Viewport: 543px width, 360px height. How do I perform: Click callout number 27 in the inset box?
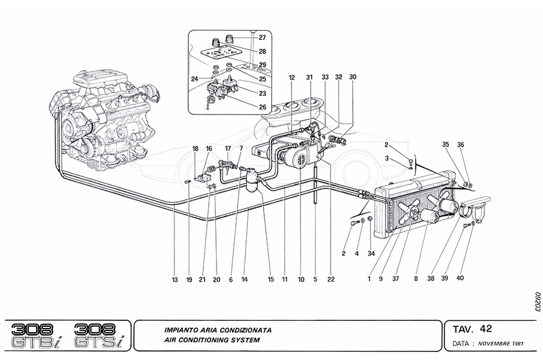(x=262, y=38)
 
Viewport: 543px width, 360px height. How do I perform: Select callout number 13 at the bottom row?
(x=174, y=279)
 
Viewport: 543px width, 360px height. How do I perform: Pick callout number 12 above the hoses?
(x=291, y=77)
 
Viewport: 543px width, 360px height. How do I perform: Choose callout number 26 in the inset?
(x=262, y=107)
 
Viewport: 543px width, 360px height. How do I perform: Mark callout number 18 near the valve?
(x=195, y=148)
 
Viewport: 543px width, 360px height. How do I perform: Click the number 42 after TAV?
(x=486, y=329)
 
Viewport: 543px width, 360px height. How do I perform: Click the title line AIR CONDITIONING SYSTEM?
(x=212, y=341)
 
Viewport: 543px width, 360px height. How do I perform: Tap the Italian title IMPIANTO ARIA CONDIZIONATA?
(x=218, y=330)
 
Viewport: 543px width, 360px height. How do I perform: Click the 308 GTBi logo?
(x=37, y=335)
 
